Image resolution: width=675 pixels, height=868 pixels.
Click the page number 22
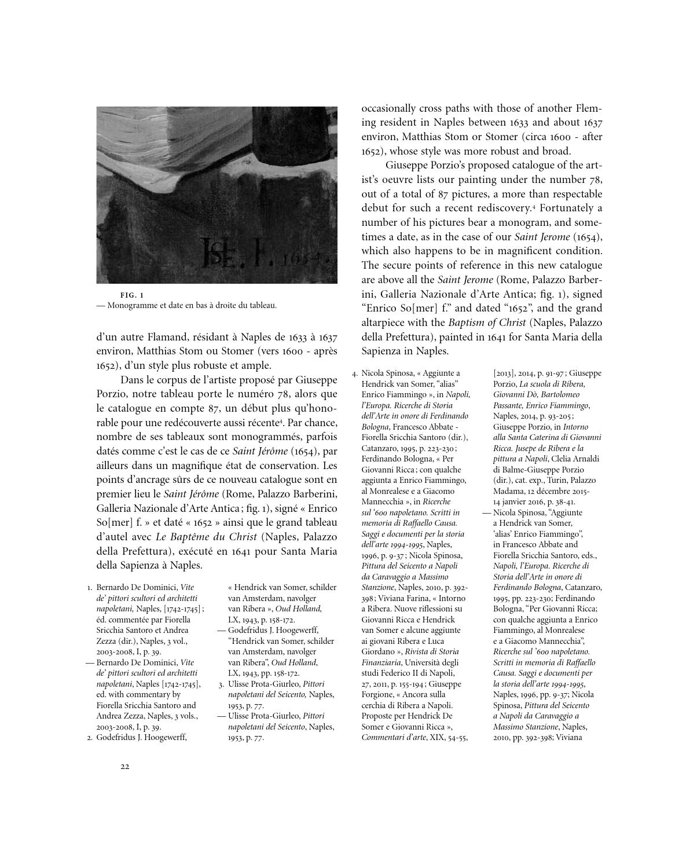(x=124, y=767)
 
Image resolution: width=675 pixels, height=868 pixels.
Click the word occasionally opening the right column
(x=388, y=108)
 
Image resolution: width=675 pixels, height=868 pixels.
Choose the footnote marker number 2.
(x=90, y=738)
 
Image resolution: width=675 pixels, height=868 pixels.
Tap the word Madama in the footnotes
(x=509, y=491)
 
